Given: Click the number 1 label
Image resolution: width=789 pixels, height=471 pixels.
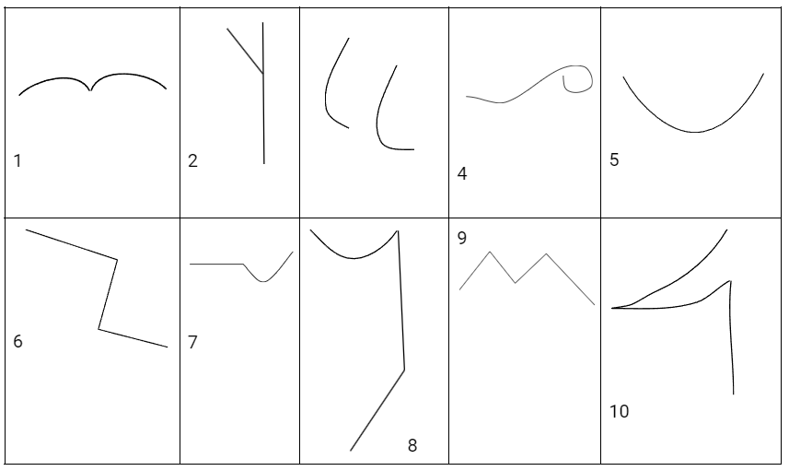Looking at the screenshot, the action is (17, 160).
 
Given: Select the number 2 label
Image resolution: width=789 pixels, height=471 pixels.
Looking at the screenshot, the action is (192, 160).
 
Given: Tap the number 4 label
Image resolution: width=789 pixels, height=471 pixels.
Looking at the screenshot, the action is (462, 173).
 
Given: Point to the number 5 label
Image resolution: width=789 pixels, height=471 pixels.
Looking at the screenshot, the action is (614, 159).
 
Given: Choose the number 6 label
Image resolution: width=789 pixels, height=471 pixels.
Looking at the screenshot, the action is (17, 341).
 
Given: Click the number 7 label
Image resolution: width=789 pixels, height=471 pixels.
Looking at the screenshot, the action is (192, 342).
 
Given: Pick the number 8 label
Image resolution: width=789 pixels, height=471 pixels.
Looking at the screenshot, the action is (412, 445).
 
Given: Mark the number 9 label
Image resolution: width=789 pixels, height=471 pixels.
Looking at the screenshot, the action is (462, 238).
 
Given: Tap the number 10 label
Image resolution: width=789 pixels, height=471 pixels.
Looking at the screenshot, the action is (619, 412).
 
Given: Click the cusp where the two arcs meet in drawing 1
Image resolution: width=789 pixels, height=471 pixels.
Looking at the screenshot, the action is (90, 90).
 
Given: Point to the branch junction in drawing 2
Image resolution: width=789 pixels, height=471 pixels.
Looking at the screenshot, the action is (262, 74).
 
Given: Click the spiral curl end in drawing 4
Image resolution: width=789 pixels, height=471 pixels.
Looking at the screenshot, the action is (563, 77).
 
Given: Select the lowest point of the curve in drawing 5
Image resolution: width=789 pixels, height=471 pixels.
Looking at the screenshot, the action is (695, 132).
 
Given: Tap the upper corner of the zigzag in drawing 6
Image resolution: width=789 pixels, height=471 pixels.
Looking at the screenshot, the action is (117, 260).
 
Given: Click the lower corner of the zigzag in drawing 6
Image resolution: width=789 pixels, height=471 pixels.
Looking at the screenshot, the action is (99, 329).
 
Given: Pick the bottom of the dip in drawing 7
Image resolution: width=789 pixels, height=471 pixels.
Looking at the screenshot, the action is (263, 282).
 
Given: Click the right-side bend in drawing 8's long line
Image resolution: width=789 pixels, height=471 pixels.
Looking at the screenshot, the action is (404, 370).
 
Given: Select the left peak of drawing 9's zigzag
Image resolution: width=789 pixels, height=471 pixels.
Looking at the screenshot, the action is (490, 252).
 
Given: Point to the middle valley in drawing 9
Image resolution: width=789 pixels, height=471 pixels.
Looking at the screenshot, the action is (515, 283).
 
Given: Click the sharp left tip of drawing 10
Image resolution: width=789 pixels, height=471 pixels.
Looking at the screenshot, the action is (612, 308).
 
